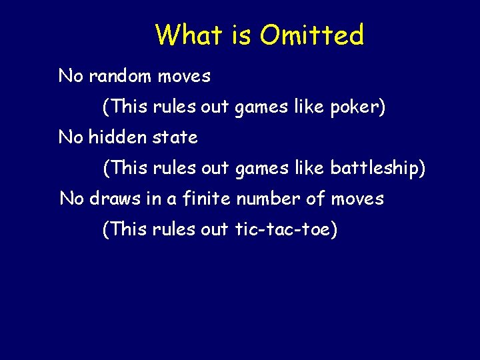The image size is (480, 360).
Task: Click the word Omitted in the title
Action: tap(312, 35)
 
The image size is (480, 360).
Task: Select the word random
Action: tap(120, 76)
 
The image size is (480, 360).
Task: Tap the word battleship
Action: tap(377, 168)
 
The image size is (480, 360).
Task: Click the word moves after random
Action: tap(184, 76)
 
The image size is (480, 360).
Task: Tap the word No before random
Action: tap(71, 76)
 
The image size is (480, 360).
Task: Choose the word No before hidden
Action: tap(71, 137)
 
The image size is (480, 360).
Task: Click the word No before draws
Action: tap(72, 199)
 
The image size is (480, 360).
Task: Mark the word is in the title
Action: tap(242, 35)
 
